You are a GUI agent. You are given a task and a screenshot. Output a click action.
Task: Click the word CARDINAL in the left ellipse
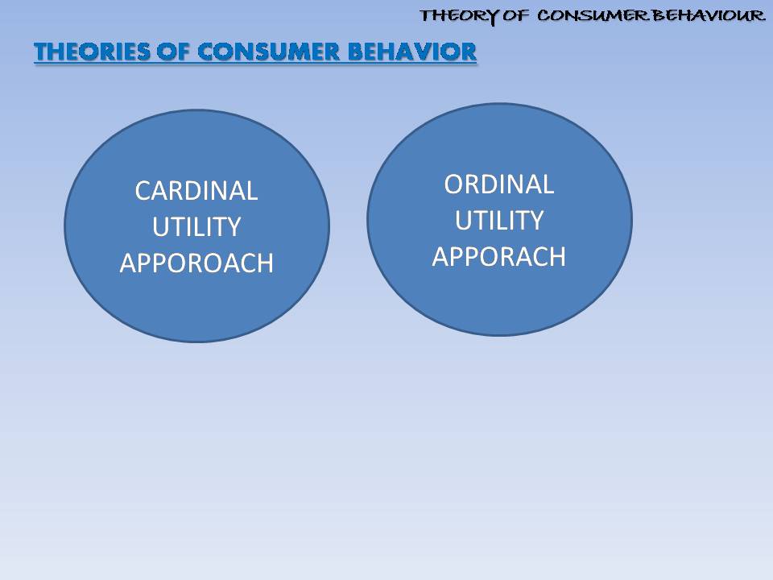[196, 191]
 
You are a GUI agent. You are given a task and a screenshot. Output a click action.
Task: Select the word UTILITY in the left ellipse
[196, 227]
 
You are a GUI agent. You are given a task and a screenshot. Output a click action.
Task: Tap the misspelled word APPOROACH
[196, 263]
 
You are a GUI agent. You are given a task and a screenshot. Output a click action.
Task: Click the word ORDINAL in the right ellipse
[499, 184]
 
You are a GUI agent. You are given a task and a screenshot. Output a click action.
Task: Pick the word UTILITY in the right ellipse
[499, 220]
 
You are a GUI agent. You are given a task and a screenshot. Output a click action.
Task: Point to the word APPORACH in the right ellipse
[499, 256]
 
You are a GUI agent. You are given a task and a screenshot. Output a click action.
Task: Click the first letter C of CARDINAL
[143, 192]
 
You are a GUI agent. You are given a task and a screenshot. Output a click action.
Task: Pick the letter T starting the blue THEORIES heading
[40, 52]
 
